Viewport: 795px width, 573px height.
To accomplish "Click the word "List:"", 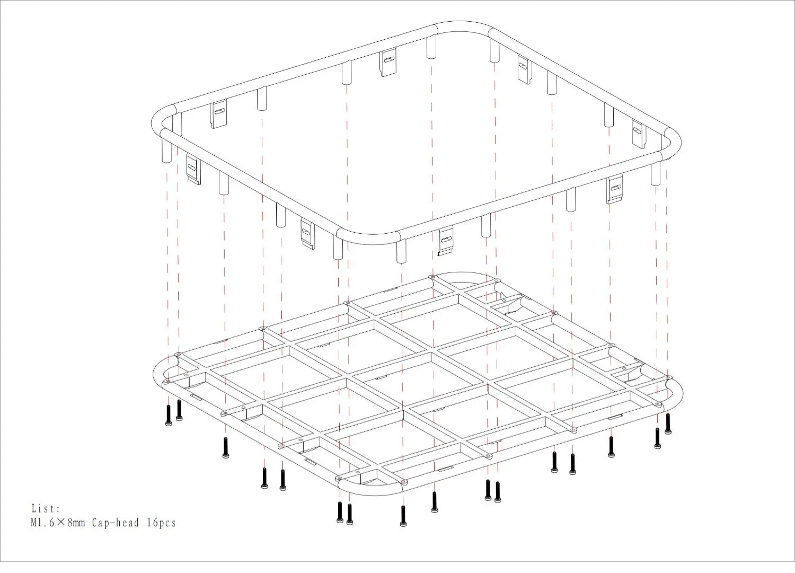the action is click(x=46, y=508).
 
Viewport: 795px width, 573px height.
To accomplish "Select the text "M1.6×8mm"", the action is click(x=58, y=523).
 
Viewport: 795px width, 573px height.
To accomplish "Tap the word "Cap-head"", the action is click(x=116, y=523).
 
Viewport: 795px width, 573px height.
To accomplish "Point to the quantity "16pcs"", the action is click(x=162, y=523).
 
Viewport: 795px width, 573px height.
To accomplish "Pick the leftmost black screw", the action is click(x=168, y=415).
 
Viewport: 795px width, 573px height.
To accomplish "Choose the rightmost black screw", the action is click(x=668, y=423).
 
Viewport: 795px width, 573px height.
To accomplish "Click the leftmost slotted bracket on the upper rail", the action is click(x=193, y=170).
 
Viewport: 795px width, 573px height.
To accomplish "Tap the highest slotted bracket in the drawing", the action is click(x=388, y=62).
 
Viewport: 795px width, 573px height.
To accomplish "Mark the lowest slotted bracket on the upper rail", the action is click(x=445, y=240).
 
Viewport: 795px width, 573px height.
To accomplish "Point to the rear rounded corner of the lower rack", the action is click(x=462, y=275).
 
